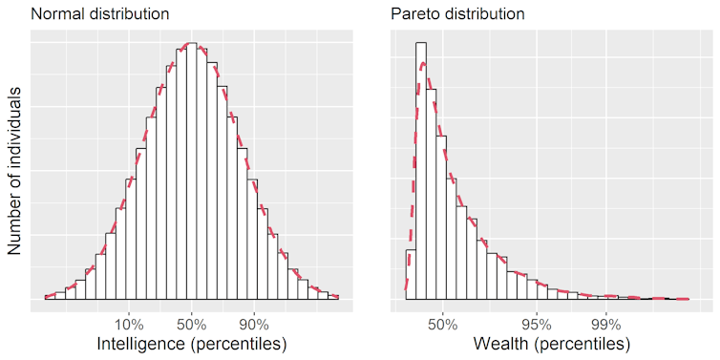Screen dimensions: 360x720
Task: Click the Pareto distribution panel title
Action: pos(456,14)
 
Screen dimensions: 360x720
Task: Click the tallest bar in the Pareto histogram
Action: pos(421,172)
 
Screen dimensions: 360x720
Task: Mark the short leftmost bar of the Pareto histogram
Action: pos(411,275)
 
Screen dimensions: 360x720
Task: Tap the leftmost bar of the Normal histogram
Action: pos(50,297)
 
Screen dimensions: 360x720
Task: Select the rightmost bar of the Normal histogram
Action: pos(333,297)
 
